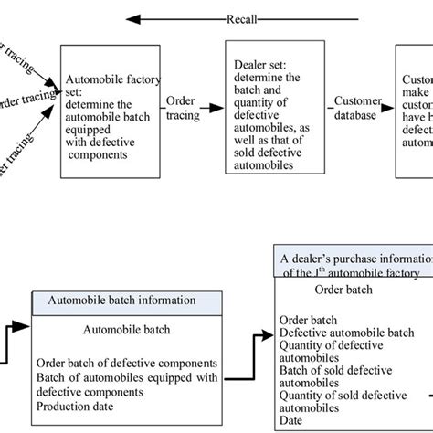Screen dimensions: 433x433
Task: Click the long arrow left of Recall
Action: (x=174, y=17)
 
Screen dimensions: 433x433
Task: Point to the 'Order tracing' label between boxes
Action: (x=182, y=101)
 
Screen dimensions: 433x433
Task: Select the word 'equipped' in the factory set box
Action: (x=85, y=115)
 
